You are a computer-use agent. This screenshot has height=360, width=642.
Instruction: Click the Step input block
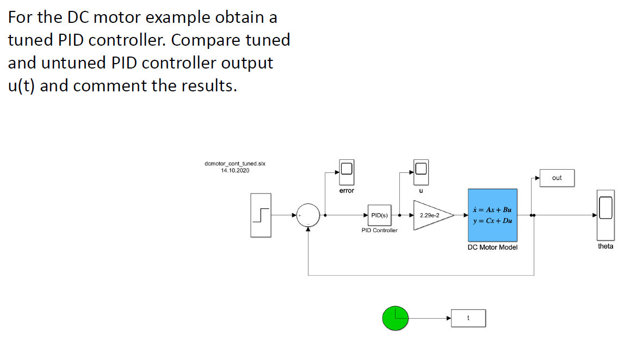pyautogui.click(x=261, y=215)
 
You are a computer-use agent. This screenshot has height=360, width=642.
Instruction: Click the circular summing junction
pyautogui.click(x=308, y=215)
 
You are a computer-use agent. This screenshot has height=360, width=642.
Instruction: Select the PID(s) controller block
pyautogui.click(x=379, y=215)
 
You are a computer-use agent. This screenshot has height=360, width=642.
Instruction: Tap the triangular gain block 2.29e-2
pyautogui.click(x=431, y=215)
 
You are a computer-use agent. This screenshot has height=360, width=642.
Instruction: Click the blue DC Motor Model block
pyautogui.click(x=492, y=215)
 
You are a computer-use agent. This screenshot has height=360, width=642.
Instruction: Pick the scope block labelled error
pyautogui.click(x=347, y=172)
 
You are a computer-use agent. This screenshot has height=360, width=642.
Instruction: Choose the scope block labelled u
pyautogui.click(x=421, y=172)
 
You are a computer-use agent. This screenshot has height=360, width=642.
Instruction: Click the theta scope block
pyautogui.click(x=605, y=215)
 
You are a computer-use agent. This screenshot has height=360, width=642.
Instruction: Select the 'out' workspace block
pyautogui.click(x=556, y=178)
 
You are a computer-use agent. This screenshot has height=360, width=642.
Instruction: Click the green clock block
pyautogui.click(x=395, y=318)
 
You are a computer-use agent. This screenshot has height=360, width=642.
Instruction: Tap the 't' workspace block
pyautogui.click(x=468, y=318)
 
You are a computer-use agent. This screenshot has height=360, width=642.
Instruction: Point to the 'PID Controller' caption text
pyautogui.click(x=379, y=231)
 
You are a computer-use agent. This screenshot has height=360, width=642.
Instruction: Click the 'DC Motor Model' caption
pyautogui.click(x=492, y=247)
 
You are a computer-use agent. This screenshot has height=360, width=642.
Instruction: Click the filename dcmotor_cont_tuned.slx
pyautogui.click(x=234, y=163)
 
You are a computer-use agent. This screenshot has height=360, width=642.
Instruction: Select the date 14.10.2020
pyautogui.click(x=234, y=170)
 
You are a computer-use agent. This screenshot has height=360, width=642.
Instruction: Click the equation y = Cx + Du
pyautogui.click(x=492, y=221)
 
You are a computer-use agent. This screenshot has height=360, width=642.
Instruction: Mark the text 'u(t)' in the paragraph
pyautogui.click(x=22, y=86)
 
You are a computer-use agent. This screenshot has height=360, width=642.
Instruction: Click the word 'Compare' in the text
pyautogui.click(x=214, y=40)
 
